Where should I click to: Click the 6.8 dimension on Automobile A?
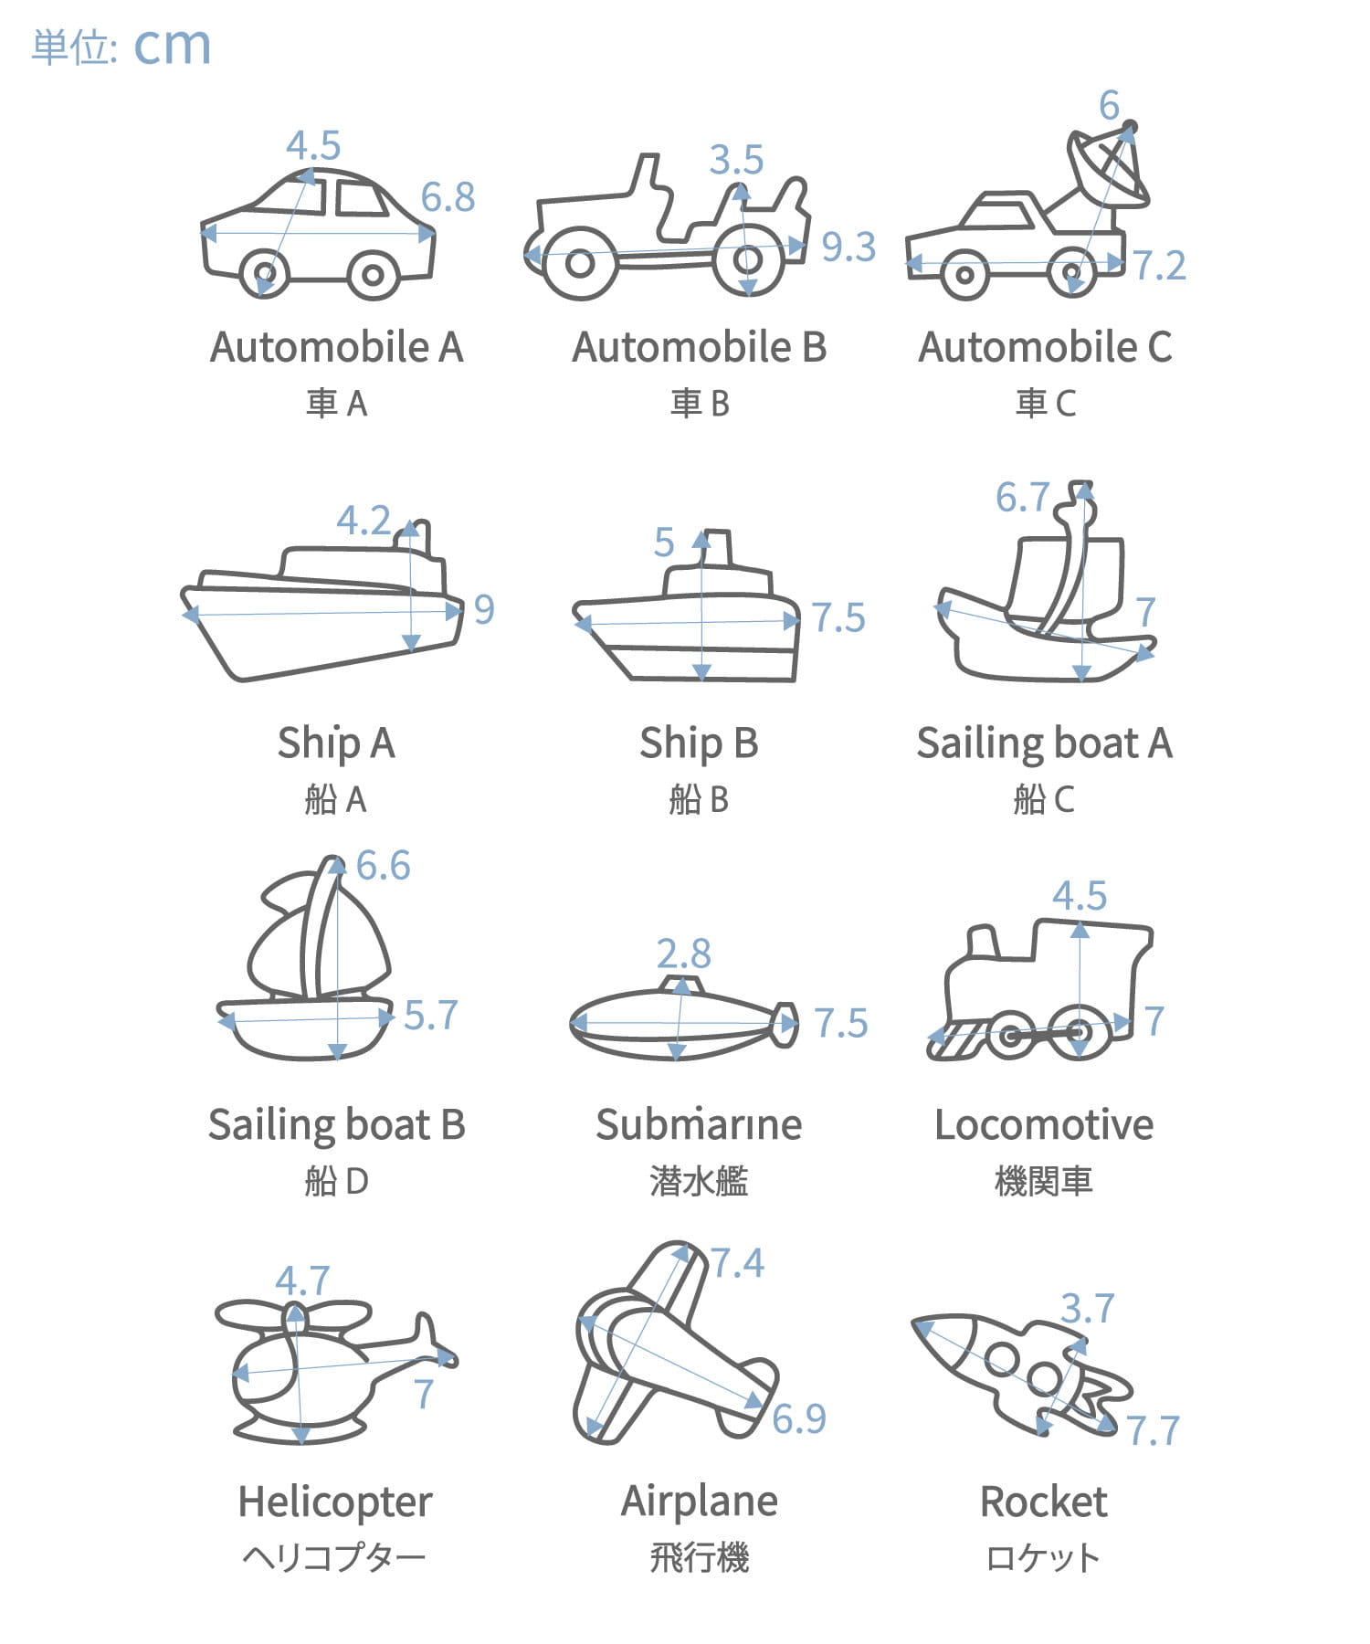coord(448,197)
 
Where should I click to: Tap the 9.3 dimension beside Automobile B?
coord(848,247)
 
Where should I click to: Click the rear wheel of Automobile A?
coord(265,272)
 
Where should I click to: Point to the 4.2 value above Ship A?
coord(364,521)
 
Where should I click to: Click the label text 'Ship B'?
coord(699,743)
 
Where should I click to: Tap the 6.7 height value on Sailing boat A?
coord(1022,498)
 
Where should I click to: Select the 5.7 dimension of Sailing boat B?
coord(430,1016)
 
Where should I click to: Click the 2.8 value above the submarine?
coord(683,954)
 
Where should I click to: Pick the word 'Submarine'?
coord(699,1124)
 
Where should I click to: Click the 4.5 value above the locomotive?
coord(1080,896)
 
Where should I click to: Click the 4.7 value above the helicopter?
coord(302,1281)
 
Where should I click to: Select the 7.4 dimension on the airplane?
coord(737,1263)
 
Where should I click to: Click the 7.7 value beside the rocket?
coord(1153,1431)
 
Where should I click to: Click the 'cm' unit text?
coord(173,47)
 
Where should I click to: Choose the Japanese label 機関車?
coord(1044,1182)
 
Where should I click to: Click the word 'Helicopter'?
coord(335,1502)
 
